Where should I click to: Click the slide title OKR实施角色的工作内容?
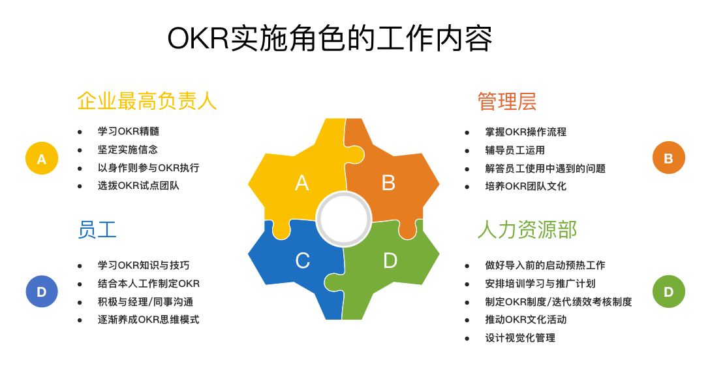pyautogui.click(x=330, y=39)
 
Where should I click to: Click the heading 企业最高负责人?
pyautogui.click(x=147, y=101)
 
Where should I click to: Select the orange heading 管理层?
pyautogui.click(x=507, y=101)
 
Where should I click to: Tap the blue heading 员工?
pyautogui.click(x=97, y=229)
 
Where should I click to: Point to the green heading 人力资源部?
pyautogui.click(x=527, y=229)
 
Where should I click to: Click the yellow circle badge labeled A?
pyautogui.click(x=42, y=158)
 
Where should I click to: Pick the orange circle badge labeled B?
pyautogui.click(x=668, y=158)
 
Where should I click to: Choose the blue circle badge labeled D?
pyautogui.click(x=42, y=292)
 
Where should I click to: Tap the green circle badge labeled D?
pyautogui.click(x=668, y=292)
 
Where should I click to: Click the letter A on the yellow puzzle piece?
pyautogui.click(x=302, y=183)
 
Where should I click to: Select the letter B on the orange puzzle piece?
pyautogui.click(x=388, y=183)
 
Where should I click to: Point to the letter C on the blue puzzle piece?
pyautogui.click(x=303, y=261)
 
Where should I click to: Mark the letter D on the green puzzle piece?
pyautogui.click(x=390, y=261)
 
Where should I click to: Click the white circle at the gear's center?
pyautogui.click(x=344, y=218)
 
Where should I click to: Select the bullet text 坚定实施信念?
pyautogui.click(x=128, y=150)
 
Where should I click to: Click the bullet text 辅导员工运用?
pyautogui.click(x=515, y=150)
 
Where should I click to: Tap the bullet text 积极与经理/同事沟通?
pyautogui.click(x=146, y=301)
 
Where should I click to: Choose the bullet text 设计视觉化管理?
pyautogui.click(x=520, y=338)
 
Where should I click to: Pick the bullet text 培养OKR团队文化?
pyautogui.click(x=526, y=186)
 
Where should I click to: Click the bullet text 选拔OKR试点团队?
pyautogui.click(x=138, y=186)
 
